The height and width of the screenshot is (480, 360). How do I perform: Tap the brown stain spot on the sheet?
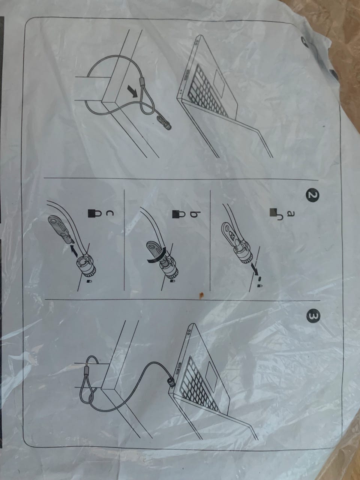201,295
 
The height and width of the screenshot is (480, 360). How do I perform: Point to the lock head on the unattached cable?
164,123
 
